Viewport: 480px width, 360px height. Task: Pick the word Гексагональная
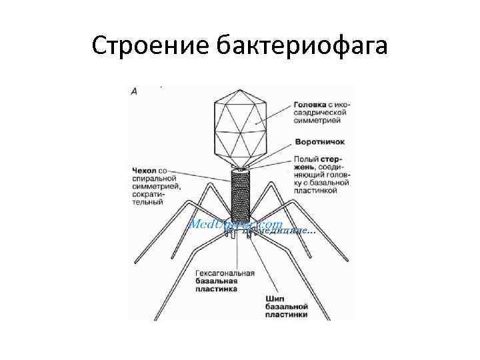click(225, 273)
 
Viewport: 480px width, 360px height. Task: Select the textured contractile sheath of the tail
click(241, 193)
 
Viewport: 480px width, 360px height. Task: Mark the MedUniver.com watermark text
click(237, 224)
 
